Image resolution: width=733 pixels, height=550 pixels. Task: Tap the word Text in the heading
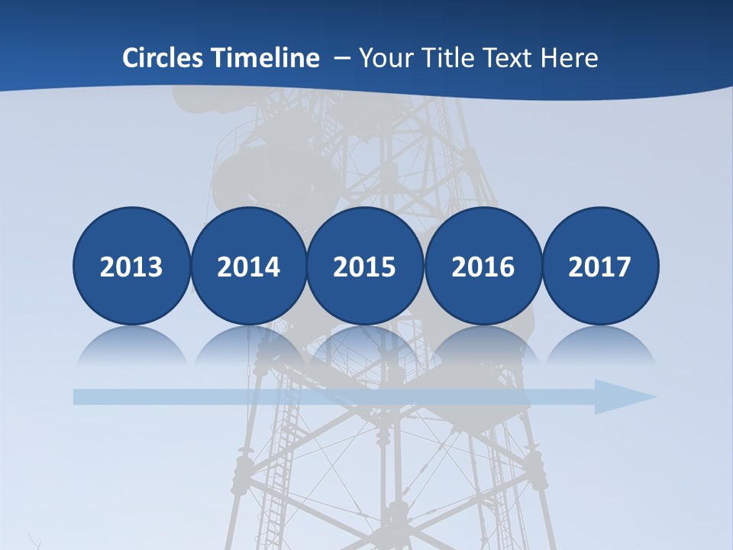(511, 58)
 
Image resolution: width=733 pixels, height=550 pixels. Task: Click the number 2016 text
(483, 267)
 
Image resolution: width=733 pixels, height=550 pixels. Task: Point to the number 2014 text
(248, 267)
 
